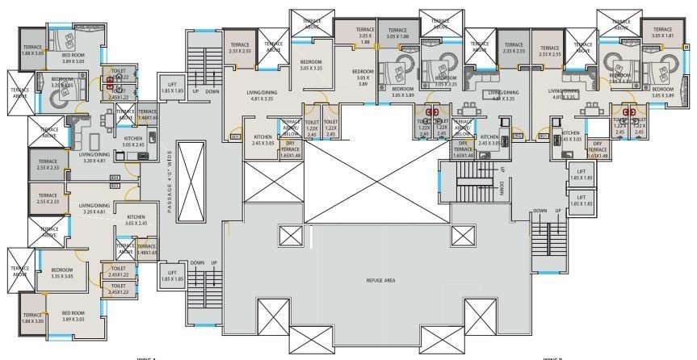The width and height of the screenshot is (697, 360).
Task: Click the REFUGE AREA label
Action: [378, 280]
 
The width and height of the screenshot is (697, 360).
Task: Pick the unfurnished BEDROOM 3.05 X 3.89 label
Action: [363, 78]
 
